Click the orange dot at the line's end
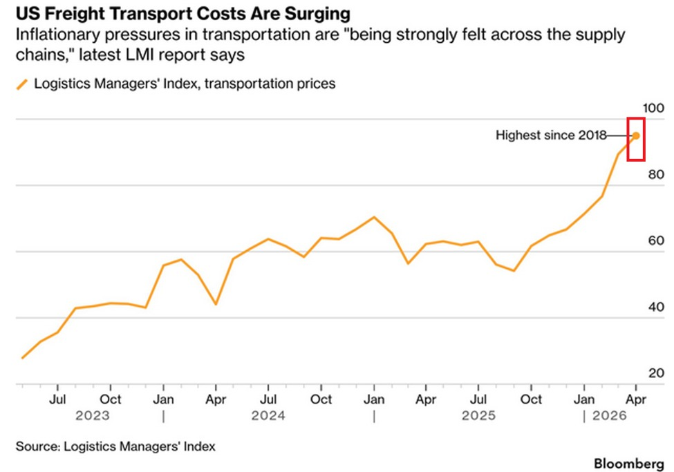[636, 136]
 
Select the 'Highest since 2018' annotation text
[551, 135]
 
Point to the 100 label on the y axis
[653, 108]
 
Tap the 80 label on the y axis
[656, 175]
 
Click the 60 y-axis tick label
[656, 240]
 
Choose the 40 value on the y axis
[656, 307]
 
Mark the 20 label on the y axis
[656, 373]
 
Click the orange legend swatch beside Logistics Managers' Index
[22, 84]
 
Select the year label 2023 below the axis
[93, 416]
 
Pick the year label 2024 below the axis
[268, 416]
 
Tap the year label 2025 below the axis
[478, 416]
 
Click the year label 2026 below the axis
[610, 416]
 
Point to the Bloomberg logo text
[629, 464]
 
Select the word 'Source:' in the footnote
[38, 446]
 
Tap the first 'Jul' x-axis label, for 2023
[57, 399]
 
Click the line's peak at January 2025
[374, 217]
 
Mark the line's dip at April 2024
[216, 304]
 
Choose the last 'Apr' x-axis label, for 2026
[636, 399]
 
